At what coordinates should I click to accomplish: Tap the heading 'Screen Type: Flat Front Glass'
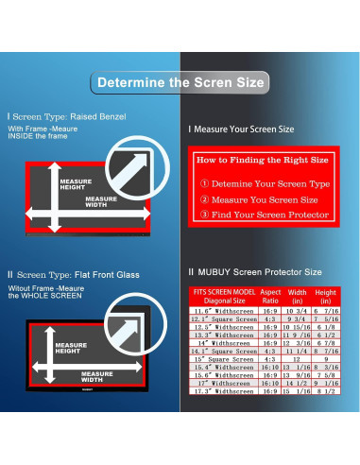[x=77, y=275]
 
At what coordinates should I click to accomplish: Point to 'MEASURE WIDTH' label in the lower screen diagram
[x=97, y=376]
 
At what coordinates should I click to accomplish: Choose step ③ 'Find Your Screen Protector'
[x=268, y=215]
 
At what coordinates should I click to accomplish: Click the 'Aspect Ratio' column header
[x=270, y=297]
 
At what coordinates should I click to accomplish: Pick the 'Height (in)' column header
[x=326, y=297]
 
